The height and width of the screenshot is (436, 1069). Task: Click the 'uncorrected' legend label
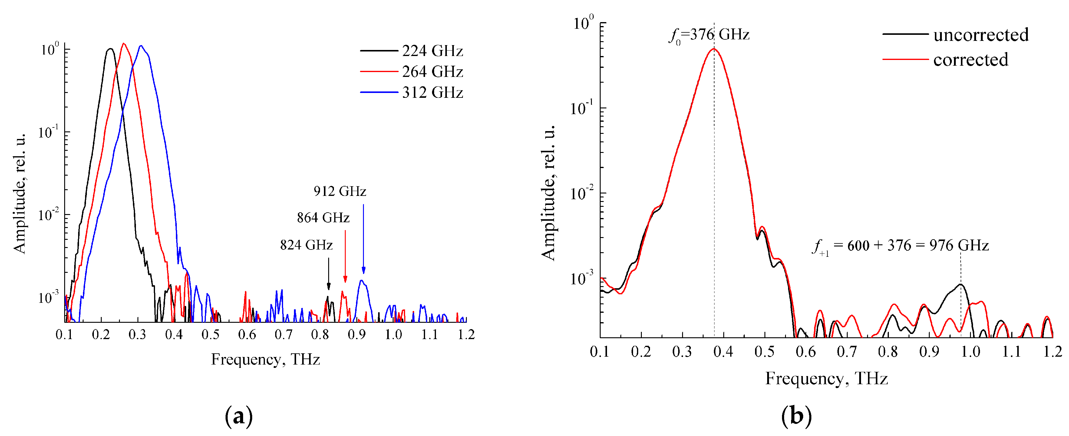(x=981, y=35)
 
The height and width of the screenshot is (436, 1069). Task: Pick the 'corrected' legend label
(x=970, y=60)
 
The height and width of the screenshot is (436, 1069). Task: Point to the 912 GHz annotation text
(x=339, y=191)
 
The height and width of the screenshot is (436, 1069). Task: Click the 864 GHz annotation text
(x=323, y=218)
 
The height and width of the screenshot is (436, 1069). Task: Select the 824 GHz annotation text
(x=306, y=245)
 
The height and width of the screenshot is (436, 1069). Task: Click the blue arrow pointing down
(x=364, y=239)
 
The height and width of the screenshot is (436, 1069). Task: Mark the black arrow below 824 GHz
(x=329, y=274)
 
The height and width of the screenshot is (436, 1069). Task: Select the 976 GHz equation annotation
(x=900, y=246)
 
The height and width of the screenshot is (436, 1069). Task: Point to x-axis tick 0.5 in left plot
(x=210, y=334)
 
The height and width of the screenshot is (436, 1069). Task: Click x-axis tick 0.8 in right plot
(x=888, y=352)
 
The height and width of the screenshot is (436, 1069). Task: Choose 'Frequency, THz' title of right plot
(x=826, y=378)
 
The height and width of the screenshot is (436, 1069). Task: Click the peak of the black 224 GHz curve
(x=110, y=49)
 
